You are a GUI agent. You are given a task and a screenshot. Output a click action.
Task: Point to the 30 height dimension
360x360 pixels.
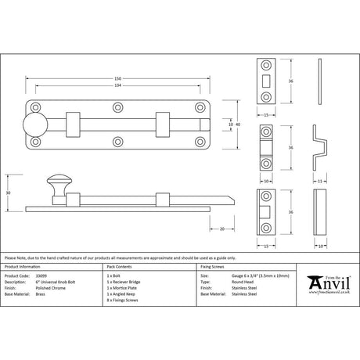tap(9, 193)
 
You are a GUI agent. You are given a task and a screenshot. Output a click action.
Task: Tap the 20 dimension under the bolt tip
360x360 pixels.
tap(223, 229)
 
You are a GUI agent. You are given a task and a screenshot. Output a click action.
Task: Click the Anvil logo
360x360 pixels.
tap(327, 283)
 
